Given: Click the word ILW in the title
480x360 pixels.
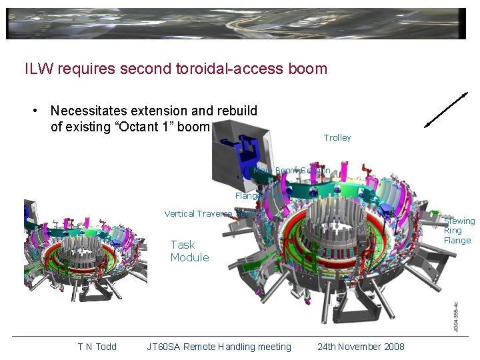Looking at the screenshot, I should (x=37, y=68).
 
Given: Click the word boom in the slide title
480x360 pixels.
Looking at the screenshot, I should (x=308, y=68).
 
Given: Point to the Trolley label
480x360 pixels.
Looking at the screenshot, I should (x=337, y=138).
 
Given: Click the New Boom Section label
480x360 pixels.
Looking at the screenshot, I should (x=291, y=171).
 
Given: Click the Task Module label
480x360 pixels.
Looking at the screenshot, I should (x=189, y=251).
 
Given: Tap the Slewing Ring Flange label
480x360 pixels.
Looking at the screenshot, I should (x=459, y=231).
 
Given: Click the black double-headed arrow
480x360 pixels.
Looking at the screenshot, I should (x=446, y=109).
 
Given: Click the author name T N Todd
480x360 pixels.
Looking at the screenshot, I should (x=97, y=347).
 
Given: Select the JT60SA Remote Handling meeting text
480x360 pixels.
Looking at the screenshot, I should (x=219, y=347).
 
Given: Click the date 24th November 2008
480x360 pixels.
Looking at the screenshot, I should (x=361, y=347).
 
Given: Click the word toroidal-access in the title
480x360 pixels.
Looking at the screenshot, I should (x=233, y=68).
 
